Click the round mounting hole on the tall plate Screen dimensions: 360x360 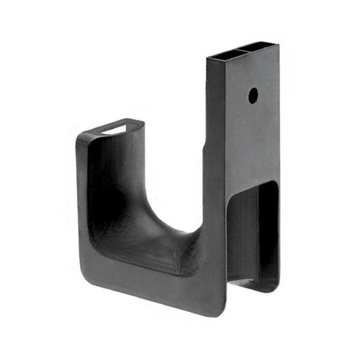pyautogui.click(x=253, y=94)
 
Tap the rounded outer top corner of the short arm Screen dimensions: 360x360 pyautogui.click(x=80, y=137)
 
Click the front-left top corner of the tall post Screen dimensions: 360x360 pyautogui.click(x=208, y=58)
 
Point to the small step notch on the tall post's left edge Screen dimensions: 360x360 pyautogui.click(x=204, y=147)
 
